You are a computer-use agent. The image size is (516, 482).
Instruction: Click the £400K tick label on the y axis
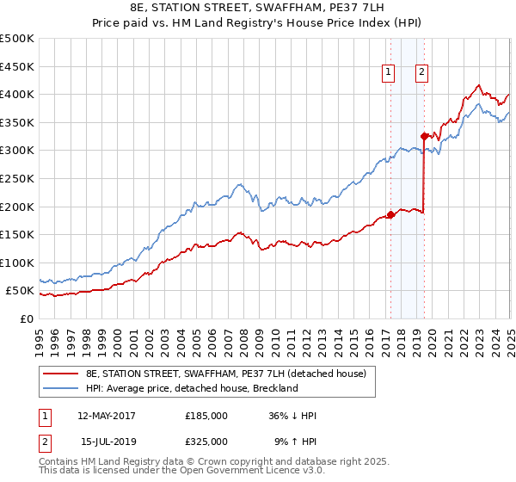(x=17, y=94)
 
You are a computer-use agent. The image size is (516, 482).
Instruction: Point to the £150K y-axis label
(x=17, y=234)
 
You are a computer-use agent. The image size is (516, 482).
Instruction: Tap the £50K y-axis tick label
(x=21, y=291)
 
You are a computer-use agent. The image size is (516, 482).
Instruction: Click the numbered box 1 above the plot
(x=390, y=73)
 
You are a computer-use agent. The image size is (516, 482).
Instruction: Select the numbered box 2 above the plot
(x=422, y=73)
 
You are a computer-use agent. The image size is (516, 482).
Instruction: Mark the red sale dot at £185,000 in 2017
(x=390, y=215)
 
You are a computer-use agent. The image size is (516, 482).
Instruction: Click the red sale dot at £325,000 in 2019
(x=424, y=136)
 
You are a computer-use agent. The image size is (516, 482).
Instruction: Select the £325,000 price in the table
(x=206, y=441)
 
